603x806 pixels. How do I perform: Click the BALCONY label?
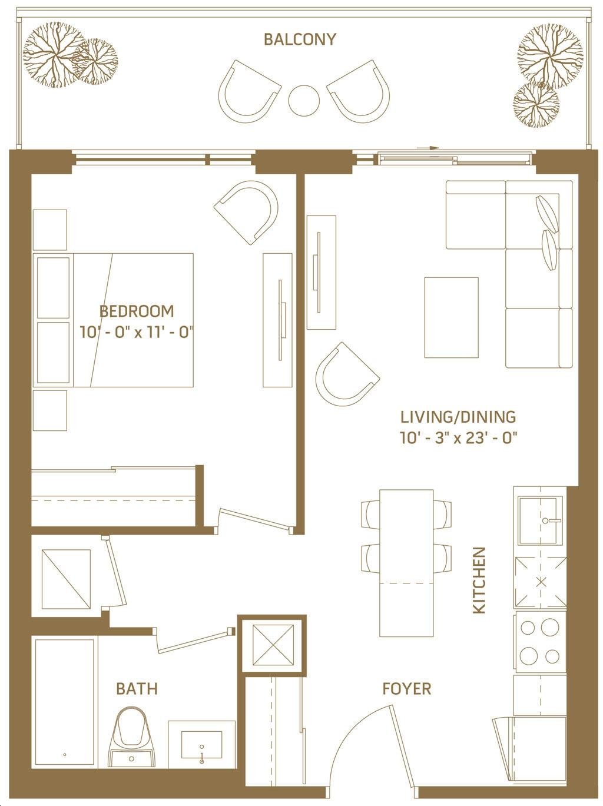pos(300,39)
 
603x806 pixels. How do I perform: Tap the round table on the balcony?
pos(304,100)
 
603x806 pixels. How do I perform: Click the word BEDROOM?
pos(137,311)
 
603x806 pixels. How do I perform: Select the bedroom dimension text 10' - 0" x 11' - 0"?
pos(137,333)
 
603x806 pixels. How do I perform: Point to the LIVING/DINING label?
pos(458,417)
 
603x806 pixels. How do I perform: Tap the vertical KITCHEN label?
pos(479,580)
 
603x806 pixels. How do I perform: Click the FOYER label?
pos(406,688)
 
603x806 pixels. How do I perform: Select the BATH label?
pos(137,688)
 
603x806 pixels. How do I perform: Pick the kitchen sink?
pos(540,520)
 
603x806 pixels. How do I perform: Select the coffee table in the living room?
pos(451,317)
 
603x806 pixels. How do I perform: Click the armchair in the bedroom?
pos(246,212)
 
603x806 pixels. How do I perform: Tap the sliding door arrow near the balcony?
pos(428,148)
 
